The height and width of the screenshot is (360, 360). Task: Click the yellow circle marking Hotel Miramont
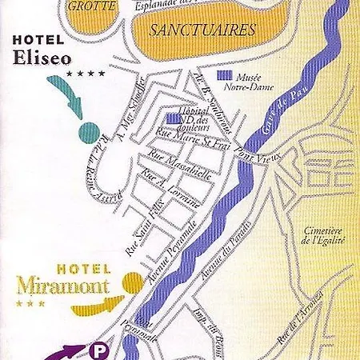pos(132,281)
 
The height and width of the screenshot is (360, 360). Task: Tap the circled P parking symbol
pos(100,350)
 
